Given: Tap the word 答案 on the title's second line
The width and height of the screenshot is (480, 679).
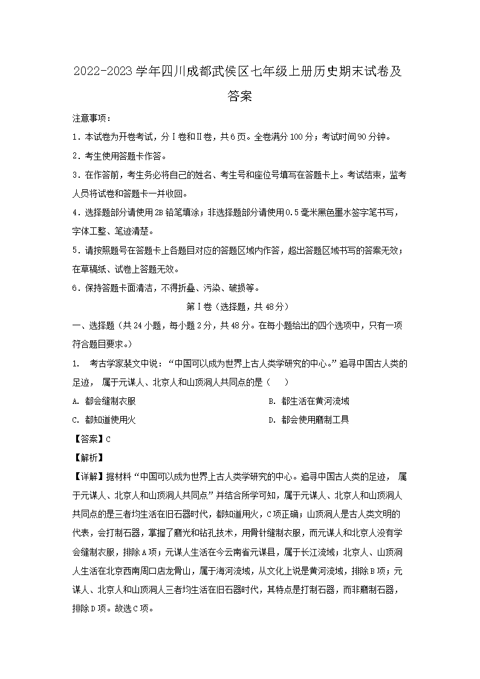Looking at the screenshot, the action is click(240, 96).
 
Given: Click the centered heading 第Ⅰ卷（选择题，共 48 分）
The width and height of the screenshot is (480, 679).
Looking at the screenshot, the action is click(240, 307).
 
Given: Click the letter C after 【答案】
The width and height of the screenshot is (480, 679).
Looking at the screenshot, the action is click(108, 440).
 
